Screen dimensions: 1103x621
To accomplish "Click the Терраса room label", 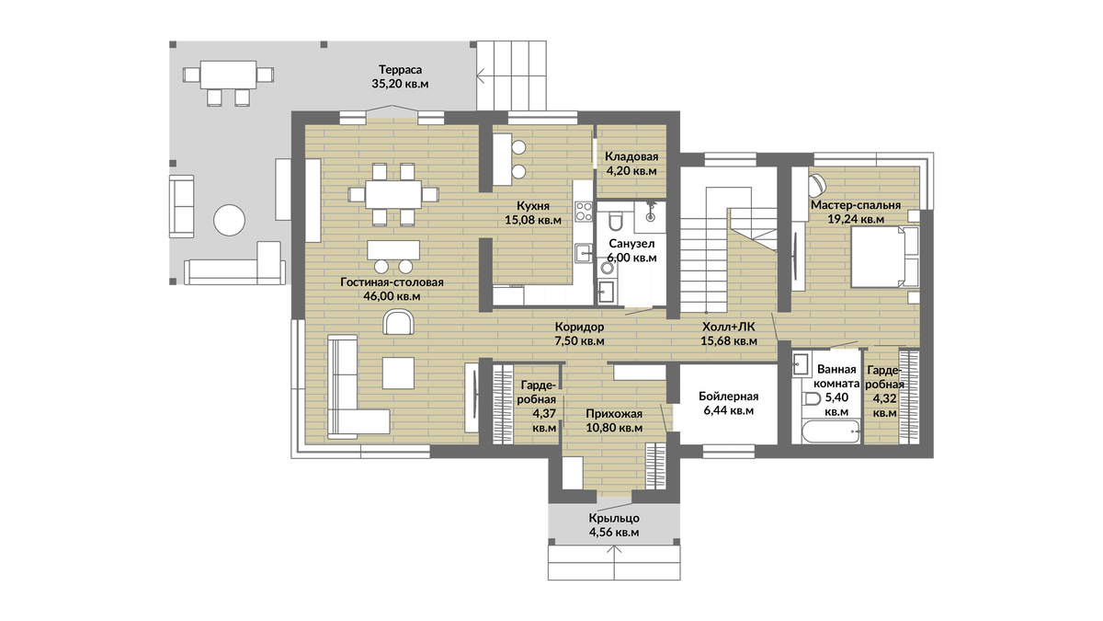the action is [x=400, y=70].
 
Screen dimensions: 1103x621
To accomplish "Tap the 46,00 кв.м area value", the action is [x=392, y=296].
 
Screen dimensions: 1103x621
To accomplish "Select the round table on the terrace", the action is [x=229, y=220].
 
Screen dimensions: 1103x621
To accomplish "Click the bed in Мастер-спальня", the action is [x=885, y=257].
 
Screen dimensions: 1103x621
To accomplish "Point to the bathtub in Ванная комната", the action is [x=831, y=432].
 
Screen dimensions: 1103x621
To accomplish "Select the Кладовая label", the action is [x=631, y=156].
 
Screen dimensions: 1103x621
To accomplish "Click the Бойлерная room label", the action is [x=728, y=397].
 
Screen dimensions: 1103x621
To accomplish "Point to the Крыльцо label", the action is [x=614, y=519].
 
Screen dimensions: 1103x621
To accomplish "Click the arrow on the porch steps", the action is [x=614, y=562].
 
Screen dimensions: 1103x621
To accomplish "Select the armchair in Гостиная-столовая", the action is [x=398, y=322].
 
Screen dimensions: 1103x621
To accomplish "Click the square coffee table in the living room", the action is [x=398, y=373].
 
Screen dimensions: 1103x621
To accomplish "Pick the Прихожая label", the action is [x=614, y=413].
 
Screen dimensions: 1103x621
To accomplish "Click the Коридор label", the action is [x=579, y=327].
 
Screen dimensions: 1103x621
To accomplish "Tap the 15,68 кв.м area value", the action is [x=729, y=340].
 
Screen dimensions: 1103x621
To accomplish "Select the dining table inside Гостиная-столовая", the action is [x=393, y=195].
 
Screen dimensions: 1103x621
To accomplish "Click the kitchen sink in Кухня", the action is [x=584, y=254].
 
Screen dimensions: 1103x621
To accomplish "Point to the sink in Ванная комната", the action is [x=802, y=364].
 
